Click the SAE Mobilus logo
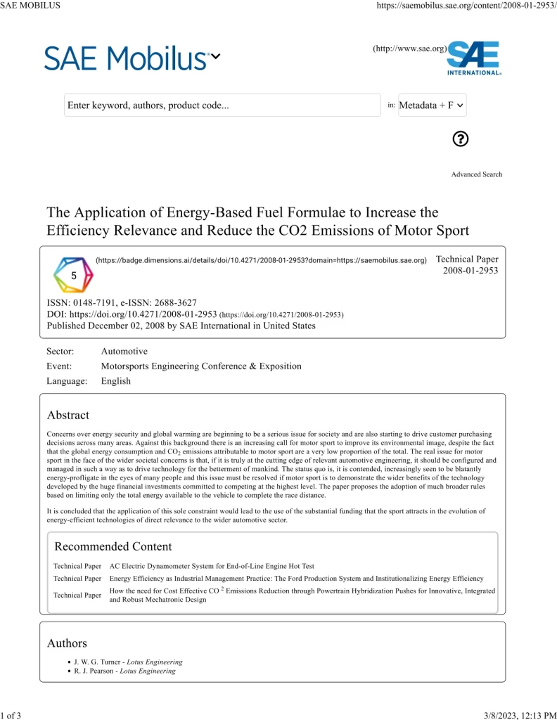(x=127, y=58)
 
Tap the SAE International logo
(x=473, y=58)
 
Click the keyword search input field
(x=222, y=105)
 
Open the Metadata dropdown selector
(x=432, y=105)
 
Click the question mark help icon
(x=461, y=139)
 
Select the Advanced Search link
(x=477, y=174)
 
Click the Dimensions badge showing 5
(x=74, y=275)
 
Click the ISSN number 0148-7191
(x=100, y=302)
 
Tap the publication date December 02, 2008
(x=132, y=326)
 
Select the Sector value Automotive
(x=124, y=351)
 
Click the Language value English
(x=116, y=380)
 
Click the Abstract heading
(x=68, y=415)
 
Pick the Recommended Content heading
(x=113, y=546)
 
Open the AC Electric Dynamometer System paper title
(x=212, y=565)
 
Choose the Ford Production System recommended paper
(x=296, y=578)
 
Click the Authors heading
(x=67, y=643)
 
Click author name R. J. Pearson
(x=94, y=671)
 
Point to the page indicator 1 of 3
(x=11, y=715)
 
